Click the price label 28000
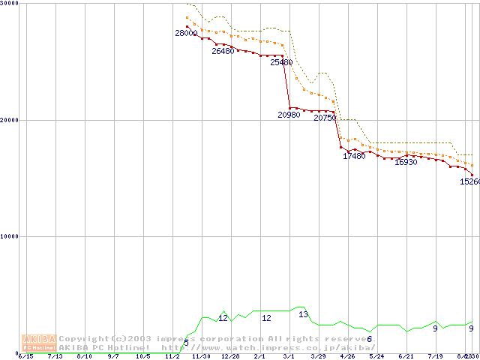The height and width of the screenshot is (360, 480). click(186, 34)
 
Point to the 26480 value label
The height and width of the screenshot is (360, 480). click(223, 52)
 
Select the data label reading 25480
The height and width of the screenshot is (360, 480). click(281, 63)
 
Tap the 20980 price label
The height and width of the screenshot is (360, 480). click(289, 115)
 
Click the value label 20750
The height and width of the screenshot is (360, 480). click(325, 118)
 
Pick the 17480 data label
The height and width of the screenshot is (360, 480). click(354, 156)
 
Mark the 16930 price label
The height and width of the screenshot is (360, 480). click(406, 162)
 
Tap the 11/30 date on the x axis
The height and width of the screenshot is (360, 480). click(201, 356)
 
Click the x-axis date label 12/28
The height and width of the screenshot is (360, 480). click(230, 356)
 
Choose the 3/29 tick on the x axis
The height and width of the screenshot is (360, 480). click(318, 356)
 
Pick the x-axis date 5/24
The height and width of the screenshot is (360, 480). click(376, 356)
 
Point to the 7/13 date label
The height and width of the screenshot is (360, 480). click(55, 356)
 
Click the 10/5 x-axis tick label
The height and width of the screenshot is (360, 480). click(142, 356)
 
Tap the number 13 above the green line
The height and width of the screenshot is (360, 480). click(304, 315)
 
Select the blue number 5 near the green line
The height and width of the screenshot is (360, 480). click(187, 343)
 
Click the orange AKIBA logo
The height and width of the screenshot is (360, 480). click(39, 343)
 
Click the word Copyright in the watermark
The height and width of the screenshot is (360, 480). click(85, 339)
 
